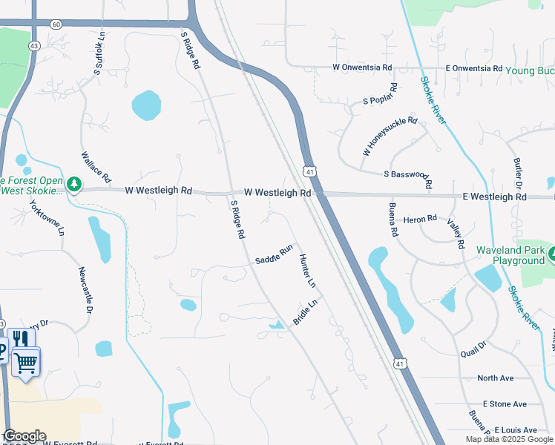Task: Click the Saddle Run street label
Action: (x=275, y=255)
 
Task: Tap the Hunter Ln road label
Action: (x=307, y=271)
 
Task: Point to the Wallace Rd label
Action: (x=96, y=167)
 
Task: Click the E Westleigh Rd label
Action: (x=494, y=197)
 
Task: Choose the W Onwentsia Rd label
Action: (x=362, y=67)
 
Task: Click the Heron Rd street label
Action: (x=420, y=220)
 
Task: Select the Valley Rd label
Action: (x=456, y=234)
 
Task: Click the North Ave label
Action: (x=496, y=378)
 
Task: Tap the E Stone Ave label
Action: (x=505, y=404)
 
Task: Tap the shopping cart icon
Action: (x=25, y=363)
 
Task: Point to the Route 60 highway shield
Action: (x=56, y=24)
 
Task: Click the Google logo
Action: (x=24, y=436)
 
